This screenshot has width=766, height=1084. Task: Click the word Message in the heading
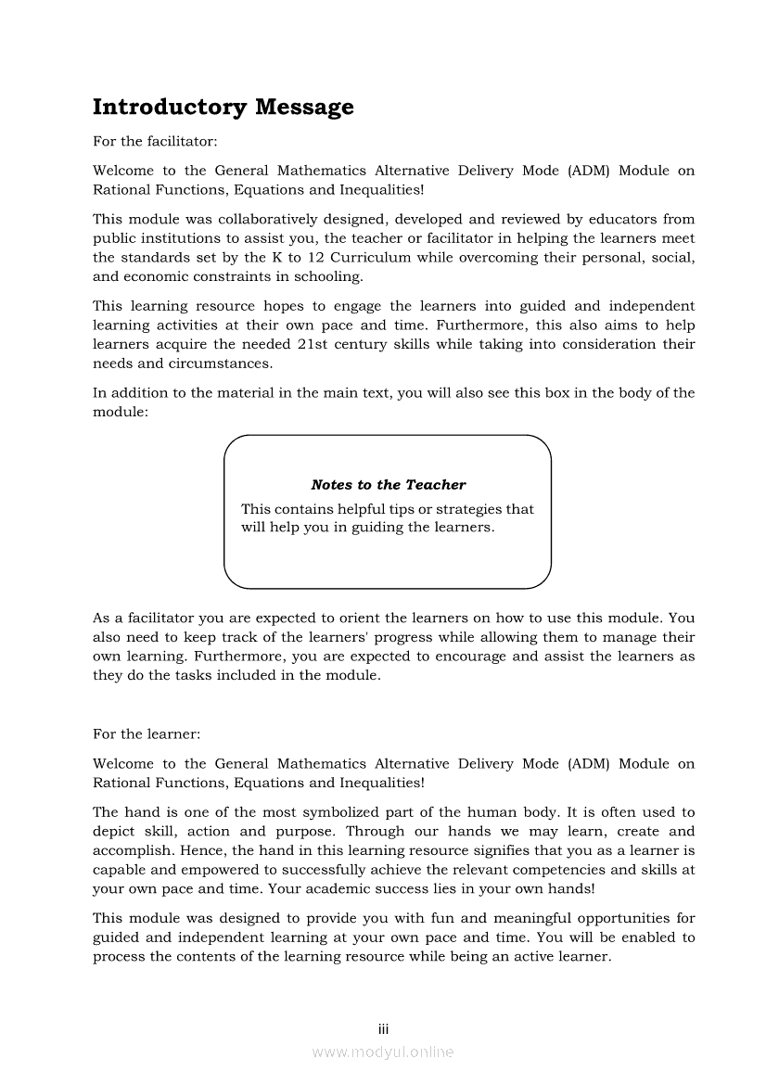(305, 108)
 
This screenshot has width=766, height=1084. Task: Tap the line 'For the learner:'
(146, 734)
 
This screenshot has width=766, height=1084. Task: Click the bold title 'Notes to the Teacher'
(389, 485)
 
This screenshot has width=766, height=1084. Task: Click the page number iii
(383, 1029)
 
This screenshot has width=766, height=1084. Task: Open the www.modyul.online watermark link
(383, 1052)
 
